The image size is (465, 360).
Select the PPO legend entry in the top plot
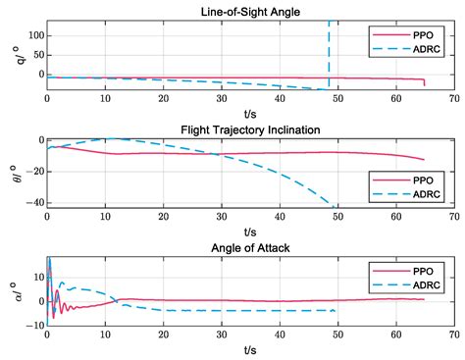click(411, 34)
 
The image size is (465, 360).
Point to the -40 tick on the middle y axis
click(33, 201)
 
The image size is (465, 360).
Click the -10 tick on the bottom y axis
click(34, 325)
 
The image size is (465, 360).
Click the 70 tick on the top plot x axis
click(453, 98)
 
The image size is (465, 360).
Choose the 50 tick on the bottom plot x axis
click(337, 334)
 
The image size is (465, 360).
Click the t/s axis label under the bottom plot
click(250, 350)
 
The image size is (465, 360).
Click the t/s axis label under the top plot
click(250, 112)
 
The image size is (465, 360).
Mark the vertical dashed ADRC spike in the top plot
click(329, 49)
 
